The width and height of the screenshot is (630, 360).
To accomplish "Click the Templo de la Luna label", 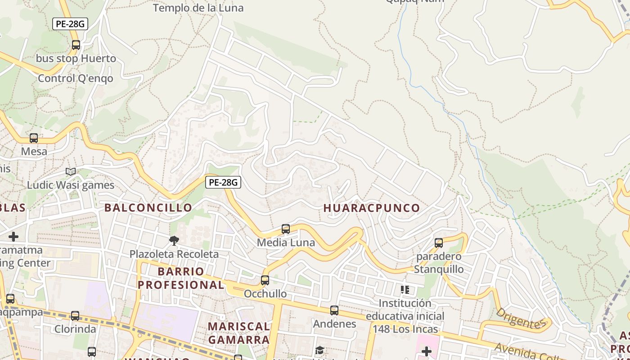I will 198,8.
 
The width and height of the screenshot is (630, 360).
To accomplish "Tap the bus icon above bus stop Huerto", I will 76,45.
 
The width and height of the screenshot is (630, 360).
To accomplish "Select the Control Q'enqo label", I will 76,78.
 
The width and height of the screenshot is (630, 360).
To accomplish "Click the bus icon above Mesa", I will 34,138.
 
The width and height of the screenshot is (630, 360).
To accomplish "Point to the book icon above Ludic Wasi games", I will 71,171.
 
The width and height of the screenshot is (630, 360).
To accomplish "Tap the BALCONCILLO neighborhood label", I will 148,207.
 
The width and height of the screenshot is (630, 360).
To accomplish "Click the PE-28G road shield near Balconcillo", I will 223,182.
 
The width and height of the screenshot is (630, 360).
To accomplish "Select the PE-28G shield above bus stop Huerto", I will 70,24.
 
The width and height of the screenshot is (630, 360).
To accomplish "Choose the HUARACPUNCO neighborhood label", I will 372,208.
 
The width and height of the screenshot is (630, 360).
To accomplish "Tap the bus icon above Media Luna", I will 286,229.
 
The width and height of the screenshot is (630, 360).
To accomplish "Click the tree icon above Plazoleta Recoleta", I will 174,241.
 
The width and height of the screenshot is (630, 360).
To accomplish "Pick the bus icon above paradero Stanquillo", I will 439,243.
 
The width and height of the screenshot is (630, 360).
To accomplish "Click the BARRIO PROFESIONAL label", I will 181,278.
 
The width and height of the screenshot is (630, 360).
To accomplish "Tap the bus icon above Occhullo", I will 265,280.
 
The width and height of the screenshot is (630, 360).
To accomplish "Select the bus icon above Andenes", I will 334,310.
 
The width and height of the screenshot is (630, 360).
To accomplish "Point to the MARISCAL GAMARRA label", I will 239,333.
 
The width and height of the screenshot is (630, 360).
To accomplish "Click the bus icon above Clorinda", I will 75,316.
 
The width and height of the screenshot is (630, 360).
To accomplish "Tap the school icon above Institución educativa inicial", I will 405,290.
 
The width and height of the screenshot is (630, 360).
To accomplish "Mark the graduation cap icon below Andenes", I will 319,351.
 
